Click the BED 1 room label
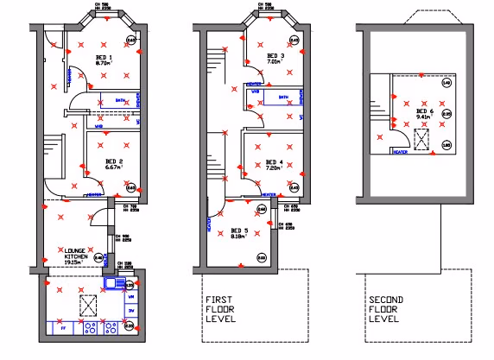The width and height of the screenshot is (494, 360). (x=103, y=57)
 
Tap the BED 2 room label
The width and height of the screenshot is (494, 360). (x=115, y=161)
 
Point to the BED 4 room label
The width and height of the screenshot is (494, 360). (x=274, y=161)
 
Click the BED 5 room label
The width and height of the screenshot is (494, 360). (x=239, y=231)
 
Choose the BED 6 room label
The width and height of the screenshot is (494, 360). (x=424, y=111)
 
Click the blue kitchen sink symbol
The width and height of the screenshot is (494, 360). (x=114, y=282)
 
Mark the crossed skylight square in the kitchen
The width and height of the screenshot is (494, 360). (x=88, y=304)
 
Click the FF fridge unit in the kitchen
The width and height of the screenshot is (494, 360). (x=63, y=328)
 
